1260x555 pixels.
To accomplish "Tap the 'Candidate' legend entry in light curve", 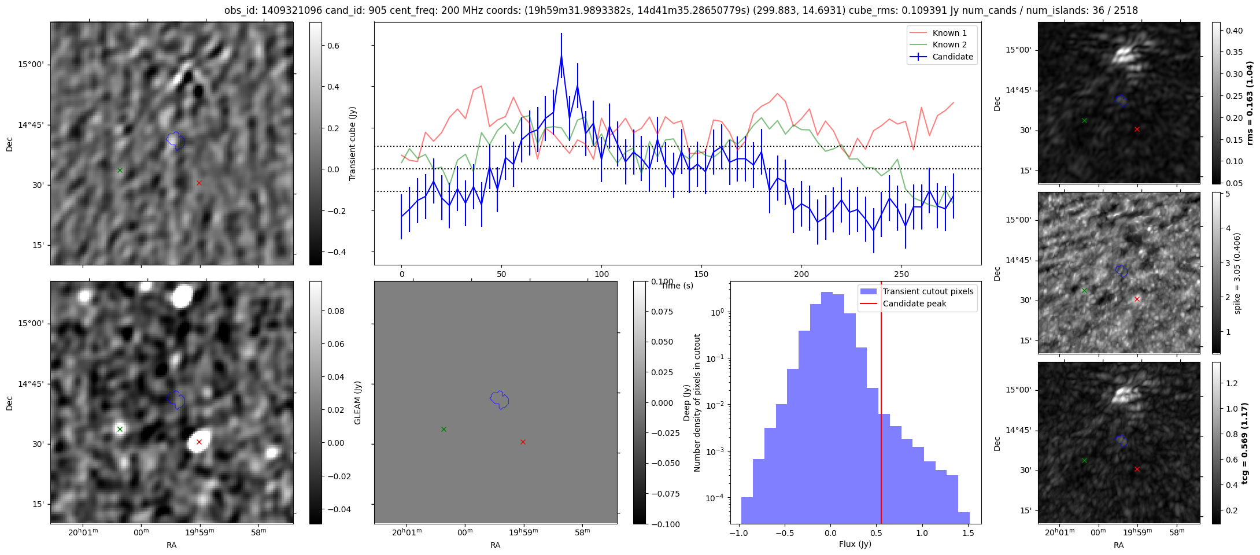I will pyautogui.click(x=952, y=57).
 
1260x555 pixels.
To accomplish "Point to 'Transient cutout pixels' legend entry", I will pyautogui.click(x=928, y=291).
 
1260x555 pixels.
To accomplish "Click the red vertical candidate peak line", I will pyautogui.click(x=881, y=405).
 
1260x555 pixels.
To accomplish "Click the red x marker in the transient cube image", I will pyautogui.click(x=199, y=183).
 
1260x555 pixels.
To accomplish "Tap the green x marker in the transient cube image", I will pyautogui.click(x=120, y=170).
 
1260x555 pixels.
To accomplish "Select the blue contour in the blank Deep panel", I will pyautogui.click(x=499, y=399).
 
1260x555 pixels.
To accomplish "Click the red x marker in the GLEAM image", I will pyautogui.click(x=199, y=442).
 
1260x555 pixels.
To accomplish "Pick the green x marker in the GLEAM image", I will pyautogui.click(x=120, y=429).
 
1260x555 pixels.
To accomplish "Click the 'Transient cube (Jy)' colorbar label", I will pyautogui.click(x=352, y=143).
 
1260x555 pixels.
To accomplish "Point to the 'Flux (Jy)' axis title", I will pyautogui.click(x=855, y=544).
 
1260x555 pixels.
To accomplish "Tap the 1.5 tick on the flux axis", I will pyautogui.click(x=967, y=533).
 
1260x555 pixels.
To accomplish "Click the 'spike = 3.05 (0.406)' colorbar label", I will pyautogui.click(x=1237, y=273).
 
